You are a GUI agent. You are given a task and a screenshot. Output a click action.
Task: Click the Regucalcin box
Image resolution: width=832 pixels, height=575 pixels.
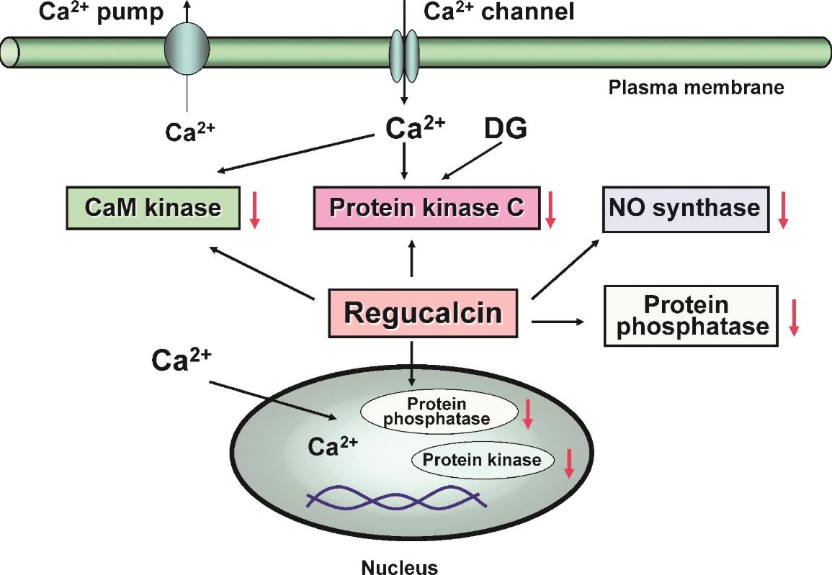[x=423, y=313]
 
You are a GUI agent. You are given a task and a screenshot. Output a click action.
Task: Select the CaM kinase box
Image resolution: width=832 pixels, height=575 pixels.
[x=153, y=208]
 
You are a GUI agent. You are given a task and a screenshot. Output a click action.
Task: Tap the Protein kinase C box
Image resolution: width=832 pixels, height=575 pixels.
[x=426, y=208]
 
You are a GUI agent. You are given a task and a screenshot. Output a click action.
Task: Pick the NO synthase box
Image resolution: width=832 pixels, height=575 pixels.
[x=686, y=209]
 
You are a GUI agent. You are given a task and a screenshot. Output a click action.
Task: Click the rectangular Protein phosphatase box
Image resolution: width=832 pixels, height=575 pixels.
[x=691, y=316]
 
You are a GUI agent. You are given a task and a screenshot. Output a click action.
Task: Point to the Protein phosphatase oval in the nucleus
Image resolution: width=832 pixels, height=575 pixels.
[x=439, y=412]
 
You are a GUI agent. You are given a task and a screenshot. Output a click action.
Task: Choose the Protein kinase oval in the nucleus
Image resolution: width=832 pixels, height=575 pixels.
[x=483, y=460]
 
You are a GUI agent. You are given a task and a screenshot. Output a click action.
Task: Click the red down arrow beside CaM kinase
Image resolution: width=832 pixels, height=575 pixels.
[x=255, y=210]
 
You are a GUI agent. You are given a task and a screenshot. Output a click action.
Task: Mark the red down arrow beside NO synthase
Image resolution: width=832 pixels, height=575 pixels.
[x=782, y=210]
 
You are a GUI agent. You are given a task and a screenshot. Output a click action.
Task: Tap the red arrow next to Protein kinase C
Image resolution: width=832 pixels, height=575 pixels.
[x=550, y=210]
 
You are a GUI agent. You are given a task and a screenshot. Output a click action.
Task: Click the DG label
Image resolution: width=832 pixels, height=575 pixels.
[x=506, y=128]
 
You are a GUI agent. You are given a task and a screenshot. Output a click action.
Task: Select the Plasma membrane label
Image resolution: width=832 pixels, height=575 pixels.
[x=696, y=88]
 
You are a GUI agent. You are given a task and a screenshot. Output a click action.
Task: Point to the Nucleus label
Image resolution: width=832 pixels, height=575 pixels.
[x=400, y=568]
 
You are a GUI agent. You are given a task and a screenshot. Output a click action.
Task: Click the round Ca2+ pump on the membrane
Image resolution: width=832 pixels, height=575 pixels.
[x=187, y=49]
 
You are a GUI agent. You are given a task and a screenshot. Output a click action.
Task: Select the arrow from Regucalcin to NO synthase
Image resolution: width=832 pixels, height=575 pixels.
[x=565, y=268]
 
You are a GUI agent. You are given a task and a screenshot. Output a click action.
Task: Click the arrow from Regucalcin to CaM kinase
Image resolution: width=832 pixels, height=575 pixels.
[x=262, y=273]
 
